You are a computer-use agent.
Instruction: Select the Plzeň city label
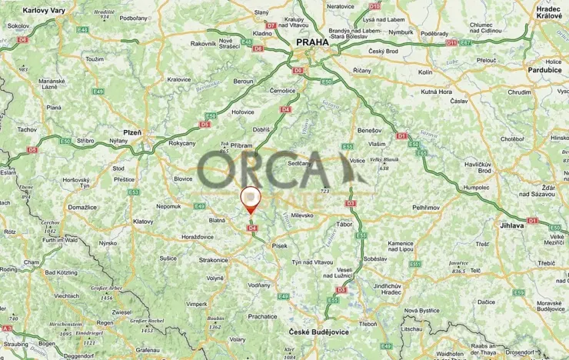(132, 132)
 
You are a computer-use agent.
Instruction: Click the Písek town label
(279, 246)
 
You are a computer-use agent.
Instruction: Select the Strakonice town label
(212, 260)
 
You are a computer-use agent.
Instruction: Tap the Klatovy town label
(143, 222)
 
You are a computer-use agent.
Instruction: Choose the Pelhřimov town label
(425, 208)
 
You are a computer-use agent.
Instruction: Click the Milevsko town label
(302, 215)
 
